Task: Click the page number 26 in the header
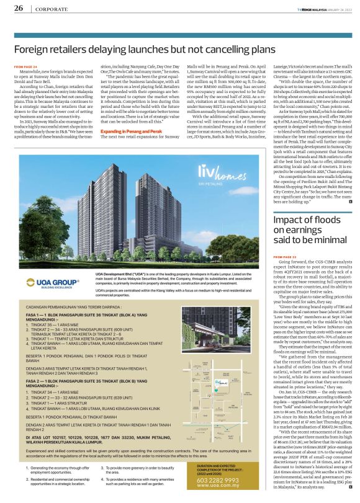point(19,8)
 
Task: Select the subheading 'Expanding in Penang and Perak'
point(127,132)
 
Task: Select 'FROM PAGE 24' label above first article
point(26,65)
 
